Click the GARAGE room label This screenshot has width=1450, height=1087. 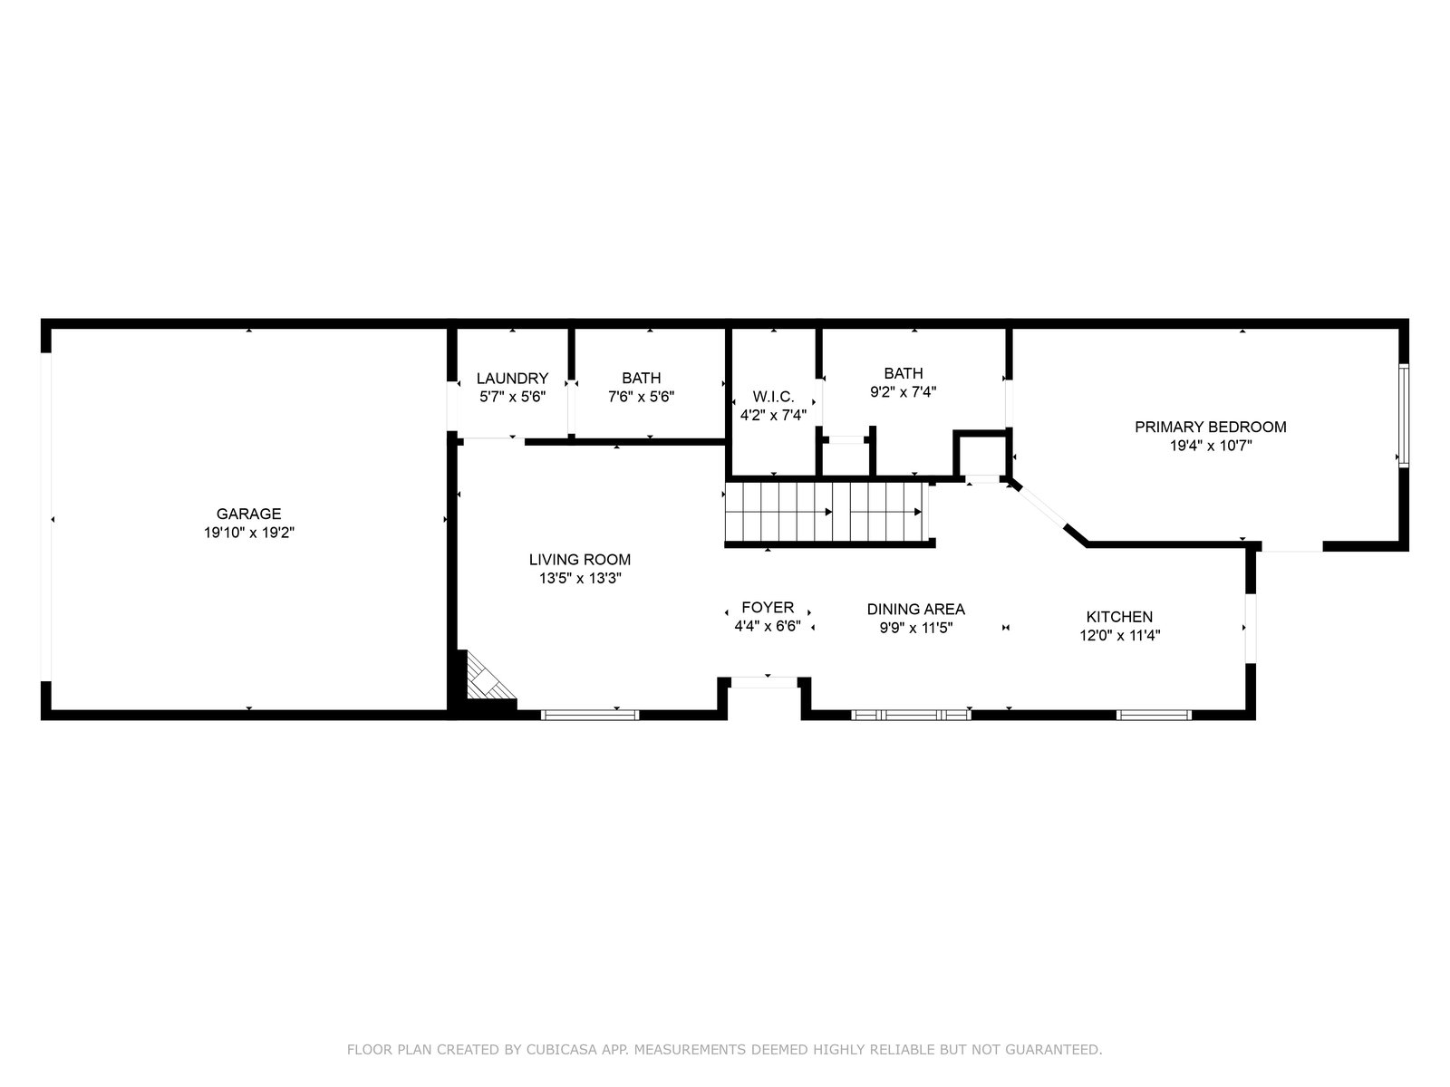(x=248, y=514)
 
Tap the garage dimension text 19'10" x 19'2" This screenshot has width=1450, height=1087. (x=248, y=533)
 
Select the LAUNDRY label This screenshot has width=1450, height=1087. (x=512, y=378)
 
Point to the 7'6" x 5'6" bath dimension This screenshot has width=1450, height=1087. (x=641, y=397)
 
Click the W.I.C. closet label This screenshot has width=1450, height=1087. (x=773, y=397)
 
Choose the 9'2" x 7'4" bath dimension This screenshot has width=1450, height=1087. (x=903, y=392)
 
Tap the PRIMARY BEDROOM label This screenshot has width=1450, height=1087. (x=1210, y=427)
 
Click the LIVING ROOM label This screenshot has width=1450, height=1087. (x=579, y=560)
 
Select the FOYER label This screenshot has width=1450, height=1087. (x=768, y=607)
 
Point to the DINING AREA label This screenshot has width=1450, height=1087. (x=915, y=609)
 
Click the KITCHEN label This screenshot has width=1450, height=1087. (x=1119, y=617)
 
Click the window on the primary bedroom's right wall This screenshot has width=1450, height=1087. (x=1404, y=416)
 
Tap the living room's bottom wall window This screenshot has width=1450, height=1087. (x=590, y=715)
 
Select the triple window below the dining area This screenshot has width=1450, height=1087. (x=911, y=715)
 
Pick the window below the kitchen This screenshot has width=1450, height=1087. (x=1154, y=715)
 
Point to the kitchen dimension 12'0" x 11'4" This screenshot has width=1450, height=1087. (x=1120, y=636)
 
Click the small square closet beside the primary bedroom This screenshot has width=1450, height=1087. (x=981, y=454)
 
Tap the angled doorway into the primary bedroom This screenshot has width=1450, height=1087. (x=1039, y=505)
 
